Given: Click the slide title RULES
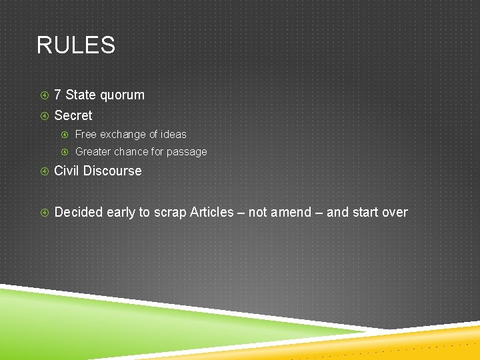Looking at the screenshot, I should [76, 45].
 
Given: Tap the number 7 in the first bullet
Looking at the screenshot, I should [58, 95].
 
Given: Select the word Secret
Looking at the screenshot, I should [73, 115].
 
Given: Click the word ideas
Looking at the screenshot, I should [173, 134].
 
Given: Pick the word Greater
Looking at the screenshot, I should [93, 151].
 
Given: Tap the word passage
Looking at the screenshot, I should [187, 152].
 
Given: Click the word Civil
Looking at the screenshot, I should [67, 171].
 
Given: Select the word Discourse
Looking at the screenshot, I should [113, 171].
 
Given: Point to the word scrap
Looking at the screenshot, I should [170, 213].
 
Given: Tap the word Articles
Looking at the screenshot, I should [212, 212].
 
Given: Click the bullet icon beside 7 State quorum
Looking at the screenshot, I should [44, 95].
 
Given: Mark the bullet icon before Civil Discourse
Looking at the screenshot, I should [44, 171].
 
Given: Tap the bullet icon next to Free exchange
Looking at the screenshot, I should [65, 135].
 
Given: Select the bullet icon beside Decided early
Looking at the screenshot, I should [44, 213].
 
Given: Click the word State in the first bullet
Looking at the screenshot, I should [81, 95].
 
